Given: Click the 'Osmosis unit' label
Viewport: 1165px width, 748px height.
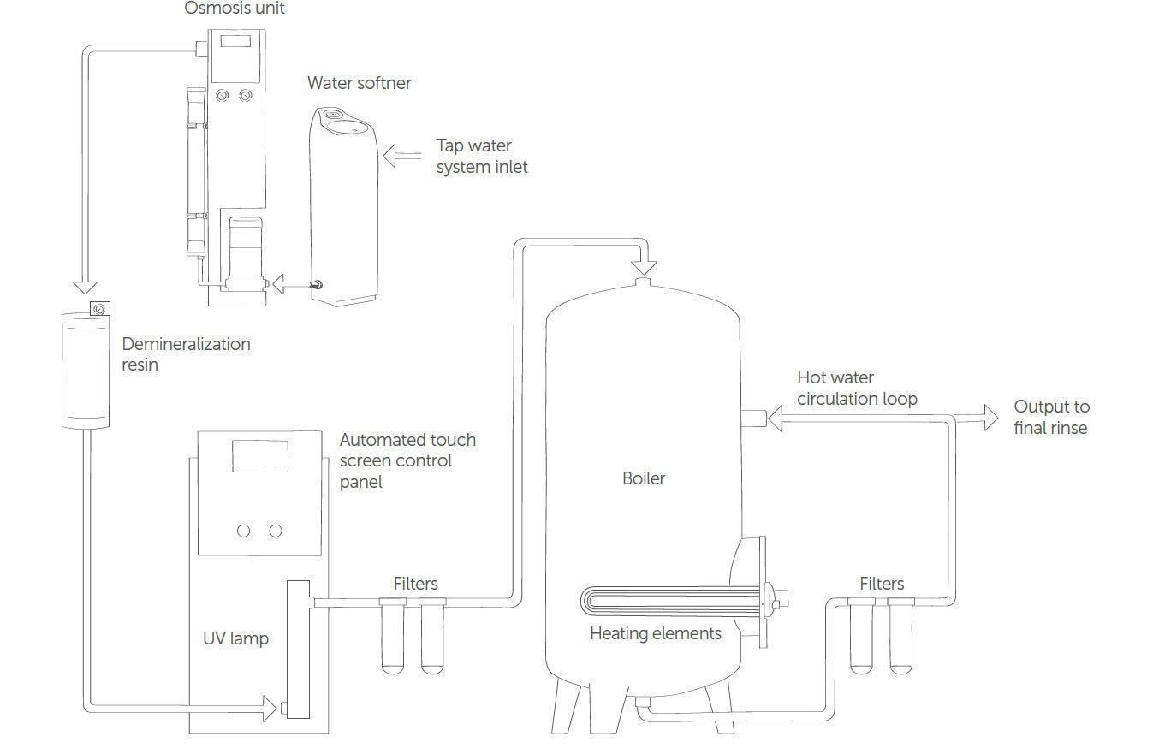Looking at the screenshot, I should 235,9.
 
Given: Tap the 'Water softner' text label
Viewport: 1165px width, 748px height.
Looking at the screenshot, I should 359,83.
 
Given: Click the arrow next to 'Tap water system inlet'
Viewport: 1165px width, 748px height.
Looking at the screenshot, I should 401,156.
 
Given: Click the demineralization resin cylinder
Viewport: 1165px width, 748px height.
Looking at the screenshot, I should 86,370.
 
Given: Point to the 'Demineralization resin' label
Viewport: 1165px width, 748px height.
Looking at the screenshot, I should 186,353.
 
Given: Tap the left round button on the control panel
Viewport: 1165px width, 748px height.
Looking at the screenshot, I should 243,531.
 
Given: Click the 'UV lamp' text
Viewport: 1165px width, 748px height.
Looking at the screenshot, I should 235,638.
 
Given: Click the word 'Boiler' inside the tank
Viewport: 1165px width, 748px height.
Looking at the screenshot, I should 643,478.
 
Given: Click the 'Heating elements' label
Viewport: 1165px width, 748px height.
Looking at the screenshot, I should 655,633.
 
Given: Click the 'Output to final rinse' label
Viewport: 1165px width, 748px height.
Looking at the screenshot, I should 1051,417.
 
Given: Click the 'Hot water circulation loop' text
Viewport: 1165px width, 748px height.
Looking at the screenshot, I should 856,388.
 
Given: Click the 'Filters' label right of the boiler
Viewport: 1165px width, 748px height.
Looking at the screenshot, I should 881,584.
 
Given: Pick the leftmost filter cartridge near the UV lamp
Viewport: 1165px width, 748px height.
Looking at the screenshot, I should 392,638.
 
